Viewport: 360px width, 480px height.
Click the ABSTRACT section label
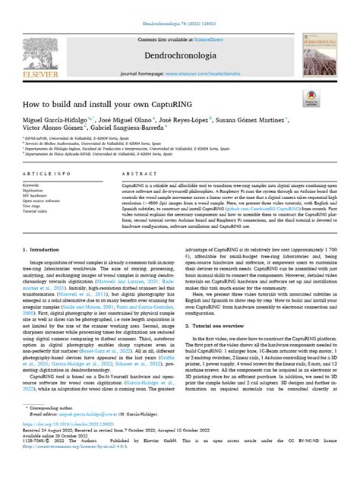click(x=138, y=174)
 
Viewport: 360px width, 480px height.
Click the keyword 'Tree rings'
click(x=34, y=206)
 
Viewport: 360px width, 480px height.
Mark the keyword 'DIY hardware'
click(x=37, y=195)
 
